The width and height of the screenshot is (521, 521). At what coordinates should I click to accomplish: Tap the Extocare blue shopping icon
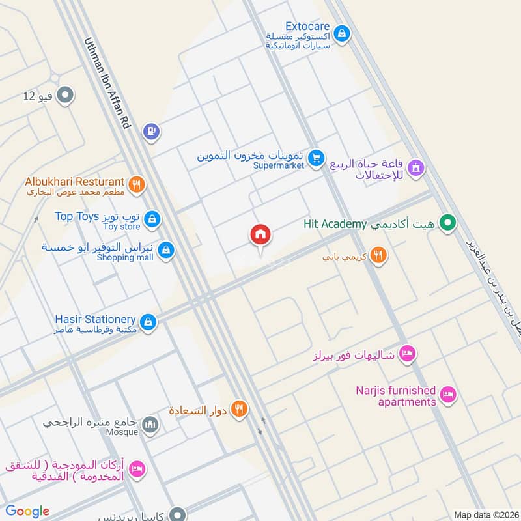tap(341, 32)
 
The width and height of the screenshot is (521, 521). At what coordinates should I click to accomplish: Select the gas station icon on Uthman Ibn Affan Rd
tap(151, 132)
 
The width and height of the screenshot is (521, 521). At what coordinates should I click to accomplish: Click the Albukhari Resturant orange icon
tap(135, 185)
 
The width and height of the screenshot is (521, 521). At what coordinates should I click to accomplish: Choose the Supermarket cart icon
tap(316, 158)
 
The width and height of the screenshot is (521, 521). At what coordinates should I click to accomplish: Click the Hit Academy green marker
tap(447, 224)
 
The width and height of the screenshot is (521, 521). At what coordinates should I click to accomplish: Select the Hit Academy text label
tap(335, 224)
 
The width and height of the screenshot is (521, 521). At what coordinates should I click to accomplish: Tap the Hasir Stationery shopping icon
tap(148, 322)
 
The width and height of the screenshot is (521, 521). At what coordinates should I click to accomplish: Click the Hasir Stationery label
tap(95, 319)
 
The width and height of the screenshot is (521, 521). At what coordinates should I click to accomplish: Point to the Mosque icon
tap(150, 425)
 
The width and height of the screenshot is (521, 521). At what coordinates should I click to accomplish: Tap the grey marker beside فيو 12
tap(64, 96)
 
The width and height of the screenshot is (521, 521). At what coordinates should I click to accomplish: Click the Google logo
tap(27, 511)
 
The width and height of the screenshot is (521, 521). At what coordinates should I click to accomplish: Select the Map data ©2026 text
tap(486, 514)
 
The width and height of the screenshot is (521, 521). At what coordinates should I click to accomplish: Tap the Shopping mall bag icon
tap(166, 249)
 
